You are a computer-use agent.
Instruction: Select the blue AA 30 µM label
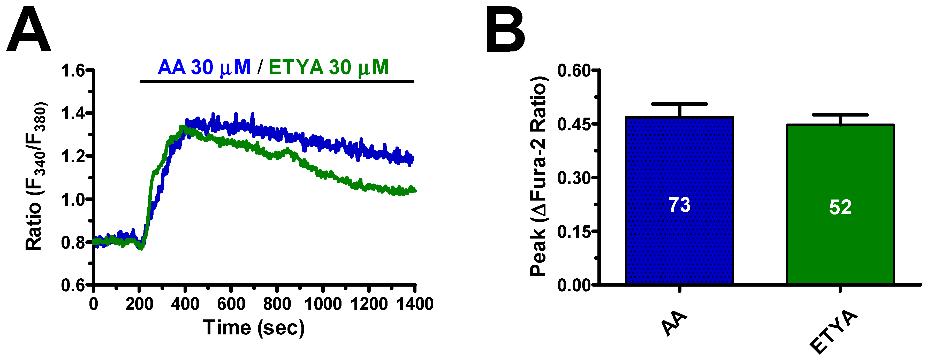click(x=204, y=67)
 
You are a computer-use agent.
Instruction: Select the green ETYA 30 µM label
click(x=329, y=67)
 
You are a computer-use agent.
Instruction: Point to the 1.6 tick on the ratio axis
click(x=74, y=70)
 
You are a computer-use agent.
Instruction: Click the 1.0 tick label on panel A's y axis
click(x=74, y=200)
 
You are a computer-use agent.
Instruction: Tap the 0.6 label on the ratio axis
click(x=74, y=286)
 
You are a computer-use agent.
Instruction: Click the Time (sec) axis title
click(x=254, y=328)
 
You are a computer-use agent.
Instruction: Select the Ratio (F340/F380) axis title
click(x=36, y=176)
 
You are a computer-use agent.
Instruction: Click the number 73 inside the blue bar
click(x=679, y=205)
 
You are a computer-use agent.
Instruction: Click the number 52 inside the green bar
click(x=840, y=207)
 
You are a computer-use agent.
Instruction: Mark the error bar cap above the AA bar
click(x=679, y=104)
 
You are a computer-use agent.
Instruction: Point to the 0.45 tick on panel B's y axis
click(x=574, y=124)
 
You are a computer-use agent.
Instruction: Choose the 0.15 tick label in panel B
click(x=574, y=232)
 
